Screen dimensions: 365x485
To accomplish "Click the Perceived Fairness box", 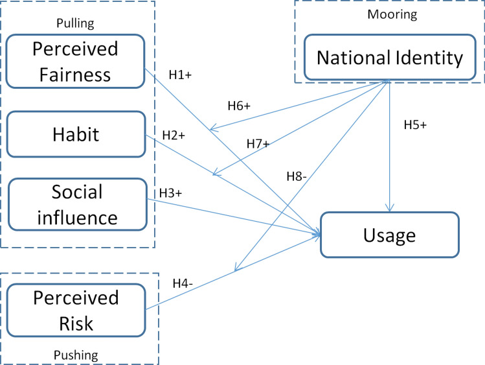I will coord(74,62).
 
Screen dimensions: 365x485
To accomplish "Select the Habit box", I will coord(74,134).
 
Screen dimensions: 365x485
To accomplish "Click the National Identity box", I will coord(390,58).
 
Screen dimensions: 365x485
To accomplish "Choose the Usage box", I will coord(389,235).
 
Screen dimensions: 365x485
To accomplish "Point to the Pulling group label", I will coord(76,23).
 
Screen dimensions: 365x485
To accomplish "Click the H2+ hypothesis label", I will coord(174,135).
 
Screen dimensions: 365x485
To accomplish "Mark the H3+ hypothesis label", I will coord(171,193).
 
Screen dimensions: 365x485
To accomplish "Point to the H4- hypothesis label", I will coord(185,283).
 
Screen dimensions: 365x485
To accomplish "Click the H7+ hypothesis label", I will coord(258,144).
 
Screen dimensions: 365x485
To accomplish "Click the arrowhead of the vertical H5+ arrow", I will coord(389,208).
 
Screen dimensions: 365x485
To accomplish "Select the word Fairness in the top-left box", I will coord(74,74).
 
